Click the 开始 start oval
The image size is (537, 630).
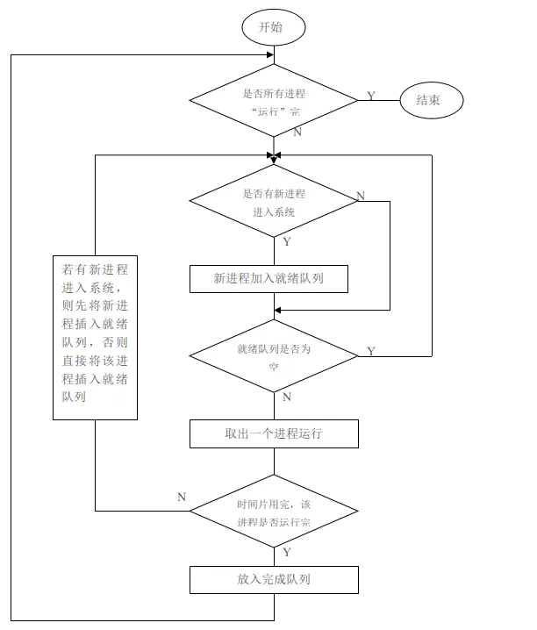tap(274, 27)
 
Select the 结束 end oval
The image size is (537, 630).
tap(431, 100)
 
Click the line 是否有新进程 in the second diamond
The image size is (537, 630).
tap(274, 193)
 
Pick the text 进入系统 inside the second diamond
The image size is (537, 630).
tap(274, 212)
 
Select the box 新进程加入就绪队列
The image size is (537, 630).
tap(269, 279)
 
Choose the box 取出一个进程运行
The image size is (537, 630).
tap(274, 433)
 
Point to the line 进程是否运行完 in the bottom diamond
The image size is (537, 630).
tap(274, 523)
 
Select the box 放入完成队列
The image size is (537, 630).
tap(274, 579)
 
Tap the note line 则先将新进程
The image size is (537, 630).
tap(95, 306)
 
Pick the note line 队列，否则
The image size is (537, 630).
tap(95, 342)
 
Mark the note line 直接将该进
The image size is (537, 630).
tap(95, 361)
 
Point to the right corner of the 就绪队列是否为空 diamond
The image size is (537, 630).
tap(356, 355)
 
